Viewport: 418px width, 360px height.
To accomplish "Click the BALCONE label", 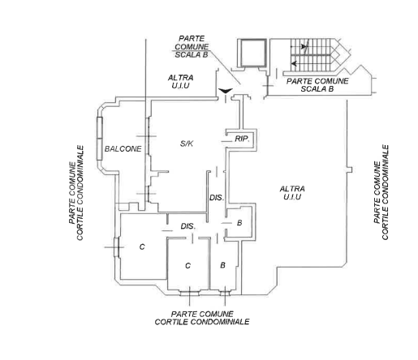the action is (x=123, y=149).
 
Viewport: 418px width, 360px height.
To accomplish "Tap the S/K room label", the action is (x=187, y=144).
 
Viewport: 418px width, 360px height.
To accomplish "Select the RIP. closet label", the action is (x=242, y=139).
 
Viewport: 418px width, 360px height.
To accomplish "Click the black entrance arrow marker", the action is (x=226, y=91).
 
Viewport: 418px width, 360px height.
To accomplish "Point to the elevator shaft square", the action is (x=253, y=53).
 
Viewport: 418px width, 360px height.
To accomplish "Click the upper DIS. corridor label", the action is (x=217, y=198).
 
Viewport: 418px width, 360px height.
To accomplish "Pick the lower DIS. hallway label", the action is (x=188, y=226).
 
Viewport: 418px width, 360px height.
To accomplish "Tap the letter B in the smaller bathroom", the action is (x=239, y=223).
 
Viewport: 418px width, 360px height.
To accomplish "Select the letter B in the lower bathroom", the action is (x=222, y=265).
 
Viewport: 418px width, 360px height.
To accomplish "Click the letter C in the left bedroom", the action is (x=142, y=246).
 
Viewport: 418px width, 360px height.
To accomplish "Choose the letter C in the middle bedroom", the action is (x=188, y=266).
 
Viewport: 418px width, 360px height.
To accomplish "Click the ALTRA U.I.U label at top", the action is (x=180, y=82).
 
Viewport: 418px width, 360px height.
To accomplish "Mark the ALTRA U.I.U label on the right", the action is (x=292, y=193).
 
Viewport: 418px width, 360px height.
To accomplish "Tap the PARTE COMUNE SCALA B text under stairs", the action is (x=317, y=85).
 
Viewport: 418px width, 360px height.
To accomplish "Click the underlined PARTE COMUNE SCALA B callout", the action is (x=192, y=46).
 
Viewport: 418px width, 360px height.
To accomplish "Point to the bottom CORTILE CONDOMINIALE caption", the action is (x=202, y=322).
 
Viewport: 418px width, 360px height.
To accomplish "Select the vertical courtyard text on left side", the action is (x=76, y=193).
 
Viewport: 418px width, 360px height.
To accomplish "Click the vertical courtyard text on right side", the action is (x=381, y=192).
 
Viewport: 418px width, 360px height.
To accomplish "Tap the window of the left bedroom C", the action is (x=116, y=247).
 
